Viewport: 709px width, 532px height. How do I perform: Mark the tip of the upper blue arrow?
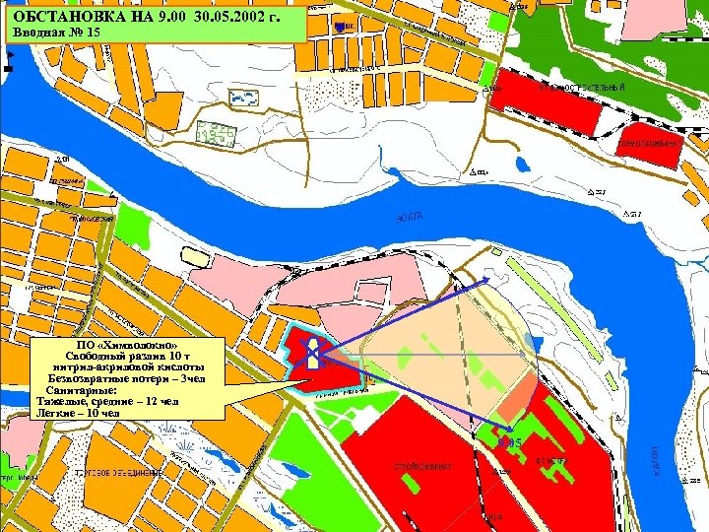489,281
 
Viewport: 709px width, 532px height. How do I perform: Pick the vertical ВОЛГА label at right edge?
654,463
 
